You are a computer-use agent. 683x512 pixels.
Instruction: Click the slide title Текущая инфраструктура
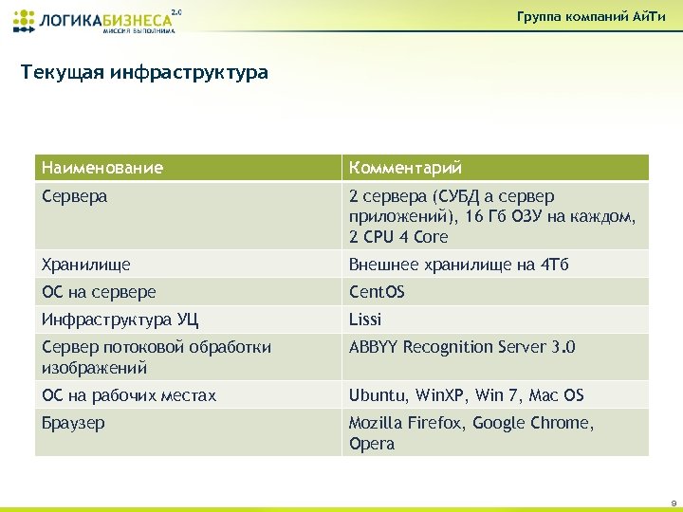click(x=144, y=72)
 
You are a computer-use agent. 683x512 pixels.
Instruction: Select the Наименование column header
click(x=102, y=168)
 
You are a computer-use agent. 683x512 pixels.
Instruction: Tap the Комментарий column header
click(x=405, y=168)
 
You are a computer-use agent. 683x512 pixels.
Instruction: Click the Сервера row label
click(x=74, y=196)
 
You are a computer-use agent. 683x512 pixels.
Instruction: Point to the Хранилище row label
click(x=85, y=265)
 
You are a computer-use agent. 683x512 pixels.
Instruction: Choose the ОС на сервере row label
click(x=99, y=292)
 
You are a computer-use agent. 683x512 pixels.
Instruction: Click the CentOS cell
click(x=377, y=292)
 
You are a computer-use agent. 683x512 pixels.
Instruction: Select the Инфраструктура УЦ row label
click(x=120, y=320)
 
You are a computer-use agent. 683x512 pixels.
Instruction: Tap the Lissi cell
click(x=365, y=320)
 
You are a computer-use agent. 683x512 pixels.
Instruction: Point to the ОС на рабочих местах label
click(x=129, y=395)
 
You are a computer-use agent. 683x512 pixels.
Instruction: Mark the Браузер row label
click(x=73, y=423)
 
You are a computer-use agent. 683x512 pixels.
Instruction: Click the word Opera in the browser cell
click(x=371, y=444)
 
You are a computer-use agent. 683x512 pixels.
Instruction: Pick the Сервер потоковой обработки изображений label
click(x=157, y=357)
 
